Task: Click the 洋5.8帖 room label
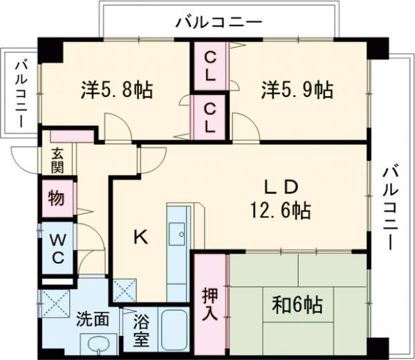tap(116, 90)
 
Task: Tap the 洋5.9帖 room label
tap(296, 90)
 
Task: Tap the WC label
tap(57, 249)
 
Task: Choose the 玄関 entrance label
tap(56, 161)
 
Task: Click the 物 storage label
tap(56, 199)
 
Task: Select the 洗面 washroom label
tap(92, 319)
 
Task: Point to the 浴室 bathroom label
tap(140, 331)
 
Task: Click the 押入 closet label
tap(210, 303)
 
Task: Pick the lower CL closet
tap(212, 117)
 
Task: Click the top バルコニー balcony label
tap(218, 22)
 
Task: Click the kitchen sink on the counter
tap(177, 233)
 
